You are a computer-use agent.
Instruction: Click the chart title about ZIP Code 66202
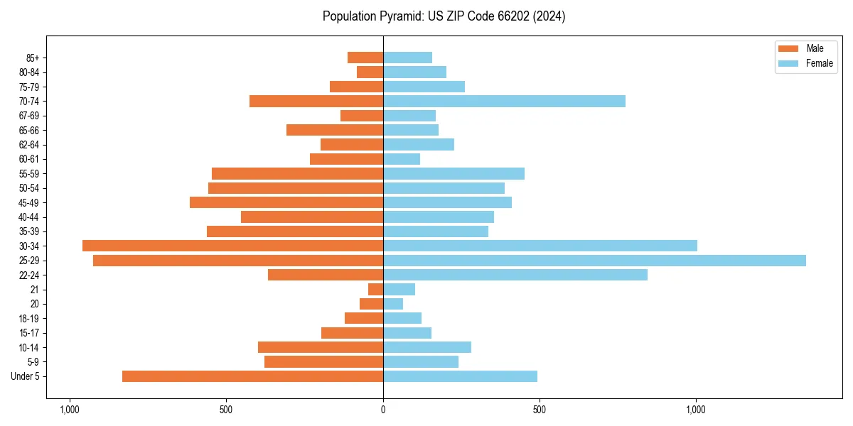[x=444, y=16]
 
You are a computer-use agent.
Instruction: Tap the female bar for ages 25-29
[x=594, y=261]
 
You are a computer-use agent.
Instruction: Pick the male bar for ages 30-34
[x=232, y=246]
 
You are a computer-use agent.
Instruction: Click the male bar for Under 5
[x=252, y=376]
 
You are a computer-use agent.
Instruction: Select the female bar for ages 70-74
[x=504, y=102]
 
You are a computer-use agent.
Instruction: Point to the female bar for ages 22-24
[x=515, y=275]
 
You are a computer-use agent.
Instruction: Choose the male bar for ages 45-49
[x=286, y=202]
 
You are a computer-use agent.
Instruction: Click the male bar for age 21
[x=376, y=290]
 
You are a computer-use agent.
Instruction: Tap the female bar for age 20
[x=393, y=304]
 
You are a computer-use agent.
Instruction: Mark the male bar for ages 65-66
[x=335, y=130]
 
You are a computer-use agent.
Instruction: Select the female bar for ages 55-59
[x=454, y=174]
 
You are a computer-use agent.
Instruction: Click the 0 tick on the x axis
[x=383, y=409]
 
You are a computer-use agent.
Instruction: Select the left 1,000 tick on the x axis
[x=70, y=409]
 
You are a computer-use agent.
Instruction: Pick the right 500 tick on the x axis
[x=540, y=409]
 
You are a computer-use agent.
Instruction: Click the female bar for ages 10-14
[x=427, y=347]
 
